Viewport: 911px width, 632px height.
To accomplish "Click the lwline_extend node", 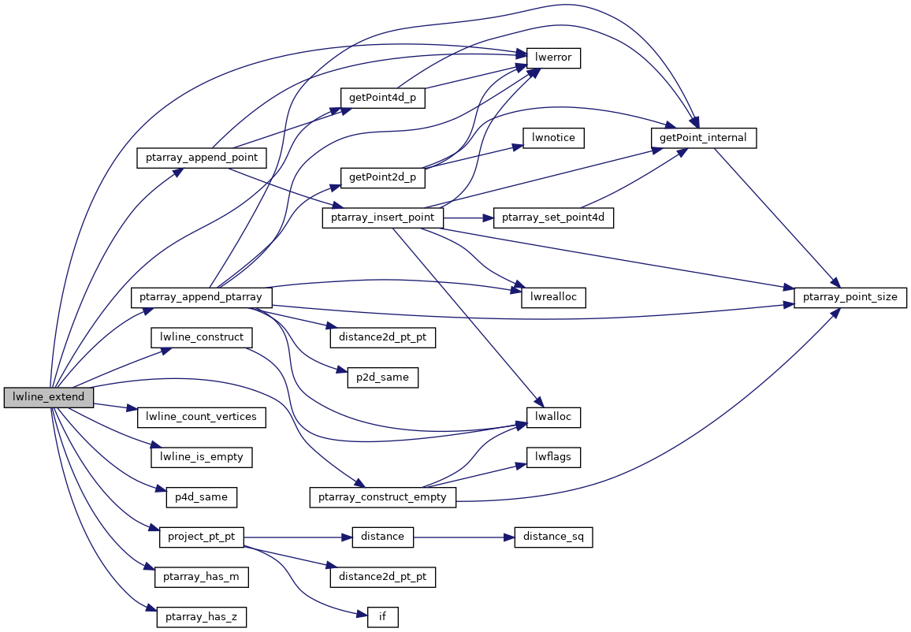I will [x=48, y=397].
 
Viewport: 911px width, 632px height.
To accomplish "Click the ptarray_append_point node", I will [x=202, y=158].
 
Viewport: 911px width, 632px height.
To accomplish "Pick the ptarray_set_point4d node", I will [x=552, y=218].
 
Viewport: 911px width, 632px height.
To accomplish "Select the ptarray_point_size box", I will [x=850, y=298].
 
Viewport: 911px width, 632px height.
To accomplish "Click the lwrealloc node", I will [x=553, y=298].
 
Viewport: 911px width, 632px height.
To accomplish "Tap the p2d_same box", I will [x=382, y=377].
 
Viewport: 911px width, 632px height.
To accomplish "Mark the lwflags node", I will [x=553, y=457].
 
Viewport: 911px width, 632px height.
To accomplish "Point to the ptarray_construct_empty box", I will [x=382, y=497].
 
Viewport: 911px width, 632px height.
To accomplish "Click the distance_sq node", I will [x=553, y=537].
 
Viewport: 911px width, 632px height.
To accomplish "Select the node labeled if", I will [x=382, y=617].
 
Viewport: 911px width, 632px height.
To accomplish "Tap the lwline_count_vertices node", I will [x=202, y=417].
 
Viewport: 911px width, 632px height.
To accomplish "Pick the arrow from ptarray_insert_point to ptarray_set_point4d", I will [x=469, y=218].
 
